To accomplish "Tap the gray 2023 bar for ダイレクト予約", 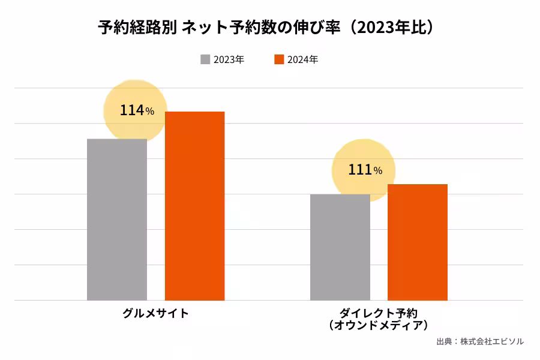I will pyautogui.click(x=340, y=247).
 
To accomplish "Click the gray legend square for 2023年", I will pyautogui.click(x=205, y=59).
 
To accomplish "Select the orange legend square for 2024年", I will pyautogui.click(x=279, y=59).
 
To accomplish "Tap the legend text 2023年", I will pyautogui.click(x=229, y=59).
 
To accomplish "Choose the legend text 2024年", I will pyautogui.click(x=303, y=59).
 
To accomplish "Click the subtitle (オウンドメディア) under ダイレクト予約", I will pyautogui.click(x=379, y=325).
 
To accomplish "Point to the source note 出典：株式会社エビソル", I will pyautogui.click(x=480, y=341).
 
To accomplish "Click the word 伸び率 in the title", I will pyautogui.click(x=323, y=28).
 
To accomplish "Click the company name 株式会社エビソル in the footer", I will pyautogui.click(x=492, y=341).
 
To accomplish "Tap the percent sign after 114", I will pyautogui.click(x=149, y=112).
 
